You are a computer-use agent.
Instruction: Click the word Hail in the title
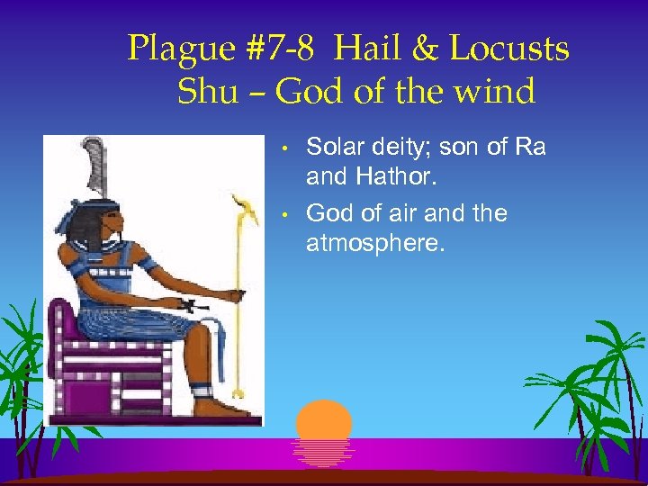tap(367, 49)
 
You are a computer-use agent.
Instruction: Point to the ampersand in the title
tap(422, 49)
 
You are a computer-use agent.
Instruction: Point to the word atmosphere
tap(375, 243)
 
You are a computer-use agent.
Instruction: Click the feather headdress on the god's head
tap(94, 166)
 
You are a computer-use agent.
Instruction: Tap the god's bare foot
tap(216, 406)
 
